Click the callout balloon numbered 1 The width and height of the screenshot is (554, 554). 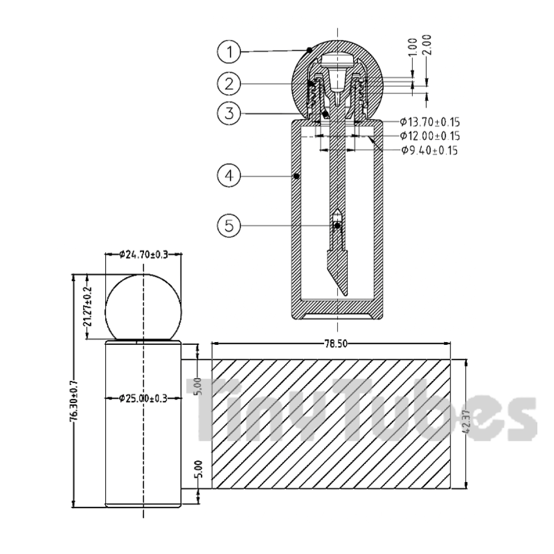click(x=229, y=52)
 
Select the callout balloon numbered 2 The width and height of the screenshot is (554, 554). click(x=229, y=84)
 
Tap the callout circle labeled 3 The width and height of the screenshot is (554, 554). click(x=229, y=113)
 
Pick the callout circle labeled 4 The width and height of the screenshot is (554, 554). click(x=229, y=175)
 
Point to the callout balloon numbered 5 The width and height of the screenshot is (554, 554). click(x=229, y=226)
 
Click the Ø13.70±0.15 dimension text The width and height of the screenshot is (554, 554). click(x=430, y=122)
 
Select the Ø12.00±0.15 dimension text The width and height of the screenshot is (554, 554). click(x=430, y=136)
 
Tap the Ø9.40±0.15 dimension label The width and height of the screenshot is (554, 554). click(x=429, y=151)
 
